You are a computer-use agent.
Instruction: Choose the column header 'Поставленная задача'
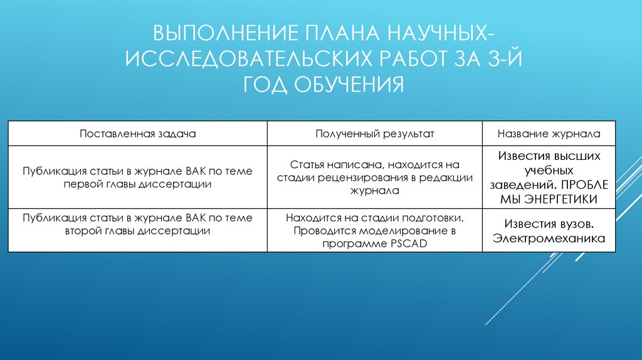tap(138, 134)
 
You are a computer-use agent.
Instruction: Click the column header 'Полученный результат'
tap(375, 134)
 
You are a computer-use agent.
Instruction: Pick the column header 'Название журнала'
tap(549, 134)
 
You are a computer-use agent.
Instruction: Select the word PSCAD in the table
tap(408, 243)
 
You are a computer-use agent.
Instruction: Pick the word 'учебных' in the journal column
tap(549, 170)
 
